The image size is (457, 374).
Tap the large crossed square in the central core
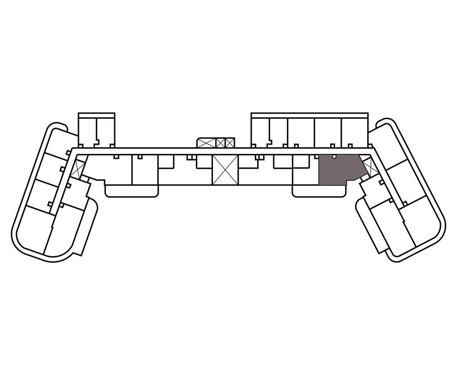225,170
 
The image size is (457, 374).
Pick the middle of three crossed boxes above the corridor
220,143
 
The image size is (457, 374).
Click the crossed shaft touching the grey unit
369,167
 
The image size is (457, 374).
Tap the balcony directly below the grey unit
319,191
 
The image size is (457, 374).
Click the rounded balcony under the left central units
132,191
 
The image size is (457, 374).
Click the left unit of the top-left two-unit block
87,130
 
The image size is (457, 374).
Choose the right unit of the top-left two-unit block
105,130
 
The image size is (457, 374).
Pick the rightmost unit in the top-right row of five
354,131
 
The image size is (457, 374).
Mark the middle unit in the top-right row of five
301,131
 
